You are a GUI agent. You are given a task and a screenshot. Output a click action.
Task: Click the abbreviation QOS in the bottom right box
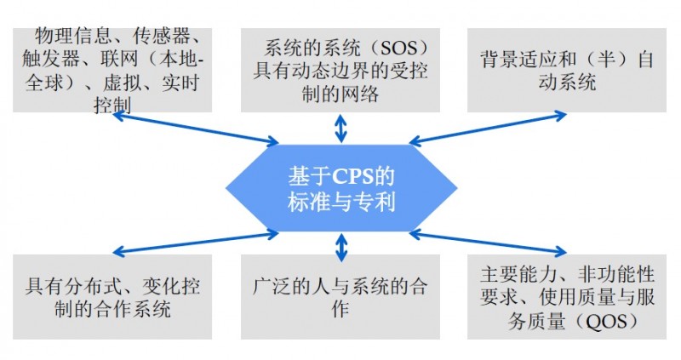pyautogui.click(x=614, y=321)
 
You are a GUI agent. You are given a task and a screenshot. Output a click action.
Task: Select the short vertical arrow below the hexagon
pyautogui.click(x=341, y=247)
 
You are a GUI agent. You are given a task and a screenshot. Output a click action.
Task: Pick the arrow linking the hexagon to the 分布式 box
pyautogui.click(x=196, y=242)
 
